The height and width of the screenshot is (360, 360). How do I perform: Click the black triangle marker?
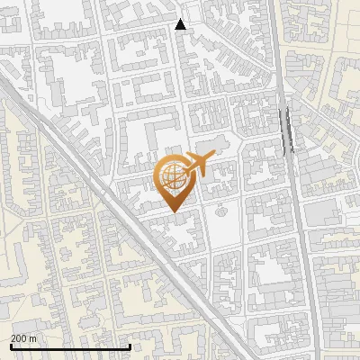click(181, 24)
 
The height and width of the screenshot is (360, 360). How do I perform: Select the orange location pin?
click(175, 184)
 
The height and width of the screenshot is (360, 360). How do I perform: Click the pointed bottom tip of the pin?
click(175, 212)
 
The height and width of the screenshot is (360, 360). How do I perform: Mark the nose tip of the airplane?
click(214, 157)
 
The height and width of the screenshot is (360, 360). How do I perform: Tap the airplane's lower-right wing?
click(199, 175)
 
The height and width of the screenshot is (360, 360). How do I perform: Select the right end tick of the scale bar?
click(130, 346)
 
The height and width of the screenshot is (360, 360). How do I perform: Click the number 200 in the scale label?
click(18, 337)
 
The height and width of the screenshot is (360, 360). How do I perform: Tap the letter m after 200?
click(33, 337)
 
